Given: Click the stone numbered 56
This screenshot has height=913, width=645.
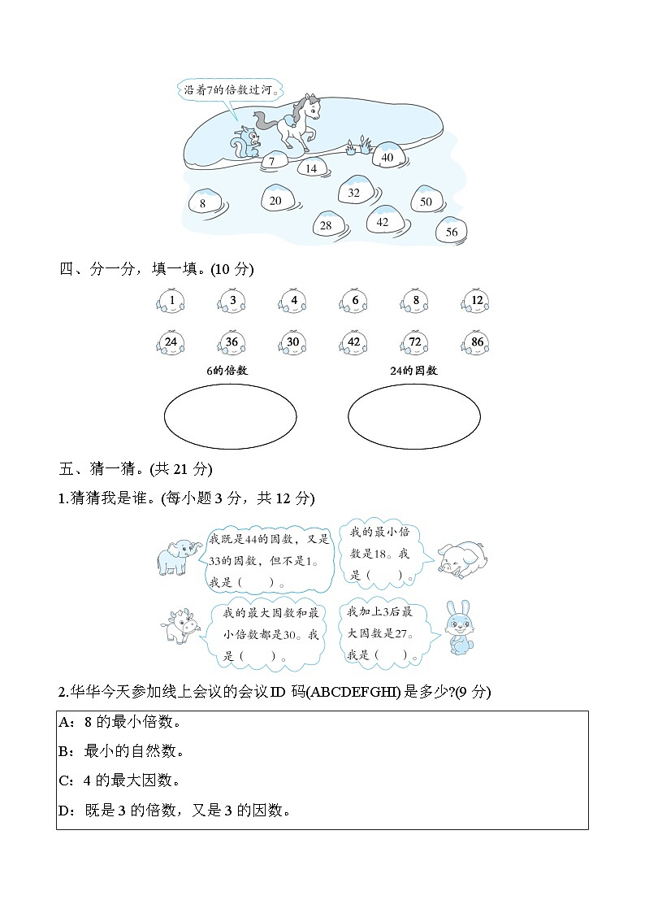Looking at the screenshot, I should pyautogui.click(x=452, y=231).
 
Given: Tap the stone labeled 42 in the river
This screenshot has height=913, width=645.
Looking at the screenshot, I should pyautogui.click(x=382, y=220).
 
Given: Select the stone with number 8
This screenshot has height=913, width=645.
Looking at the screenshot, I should pyautogui.click(x=203, y=202).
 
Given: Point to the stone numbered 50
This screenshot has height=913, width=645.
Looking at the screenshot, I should pyautogui.click(x=426, y=200).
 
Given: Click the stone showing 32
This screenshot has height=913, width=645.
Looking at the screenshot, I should pyautogui.click(x=354, y=192).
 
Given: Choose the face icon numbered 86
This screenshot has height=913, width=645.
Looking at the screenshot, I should pyautogui.click(x=477, y=343).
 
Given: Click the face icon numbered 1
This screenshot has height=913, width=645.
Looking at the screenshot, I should pyautogui.click(x=171, y=302).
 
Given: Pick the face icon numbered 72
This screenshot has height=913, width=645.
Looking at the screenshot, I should pyautogui.click(x=415, y=343).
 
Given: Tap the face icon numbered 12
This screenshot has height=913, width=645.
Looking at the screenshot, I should pyautogui.click(x=477, y=302).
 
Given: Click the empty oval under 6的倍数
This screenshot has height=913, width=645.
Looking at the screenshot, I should pyautogui.click(x=230, y=416).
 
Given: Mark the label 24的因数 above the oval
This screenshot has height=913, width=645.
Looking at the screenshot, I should pyautogui.click(x=413, y=371).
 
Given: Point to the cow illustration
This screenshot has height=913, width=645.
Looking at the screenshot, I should pyautogui.click(x=180, y=627).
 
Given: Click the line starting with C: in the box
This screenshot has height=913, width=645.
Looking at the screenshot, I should pyautogui.click(x=120, y=780).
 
